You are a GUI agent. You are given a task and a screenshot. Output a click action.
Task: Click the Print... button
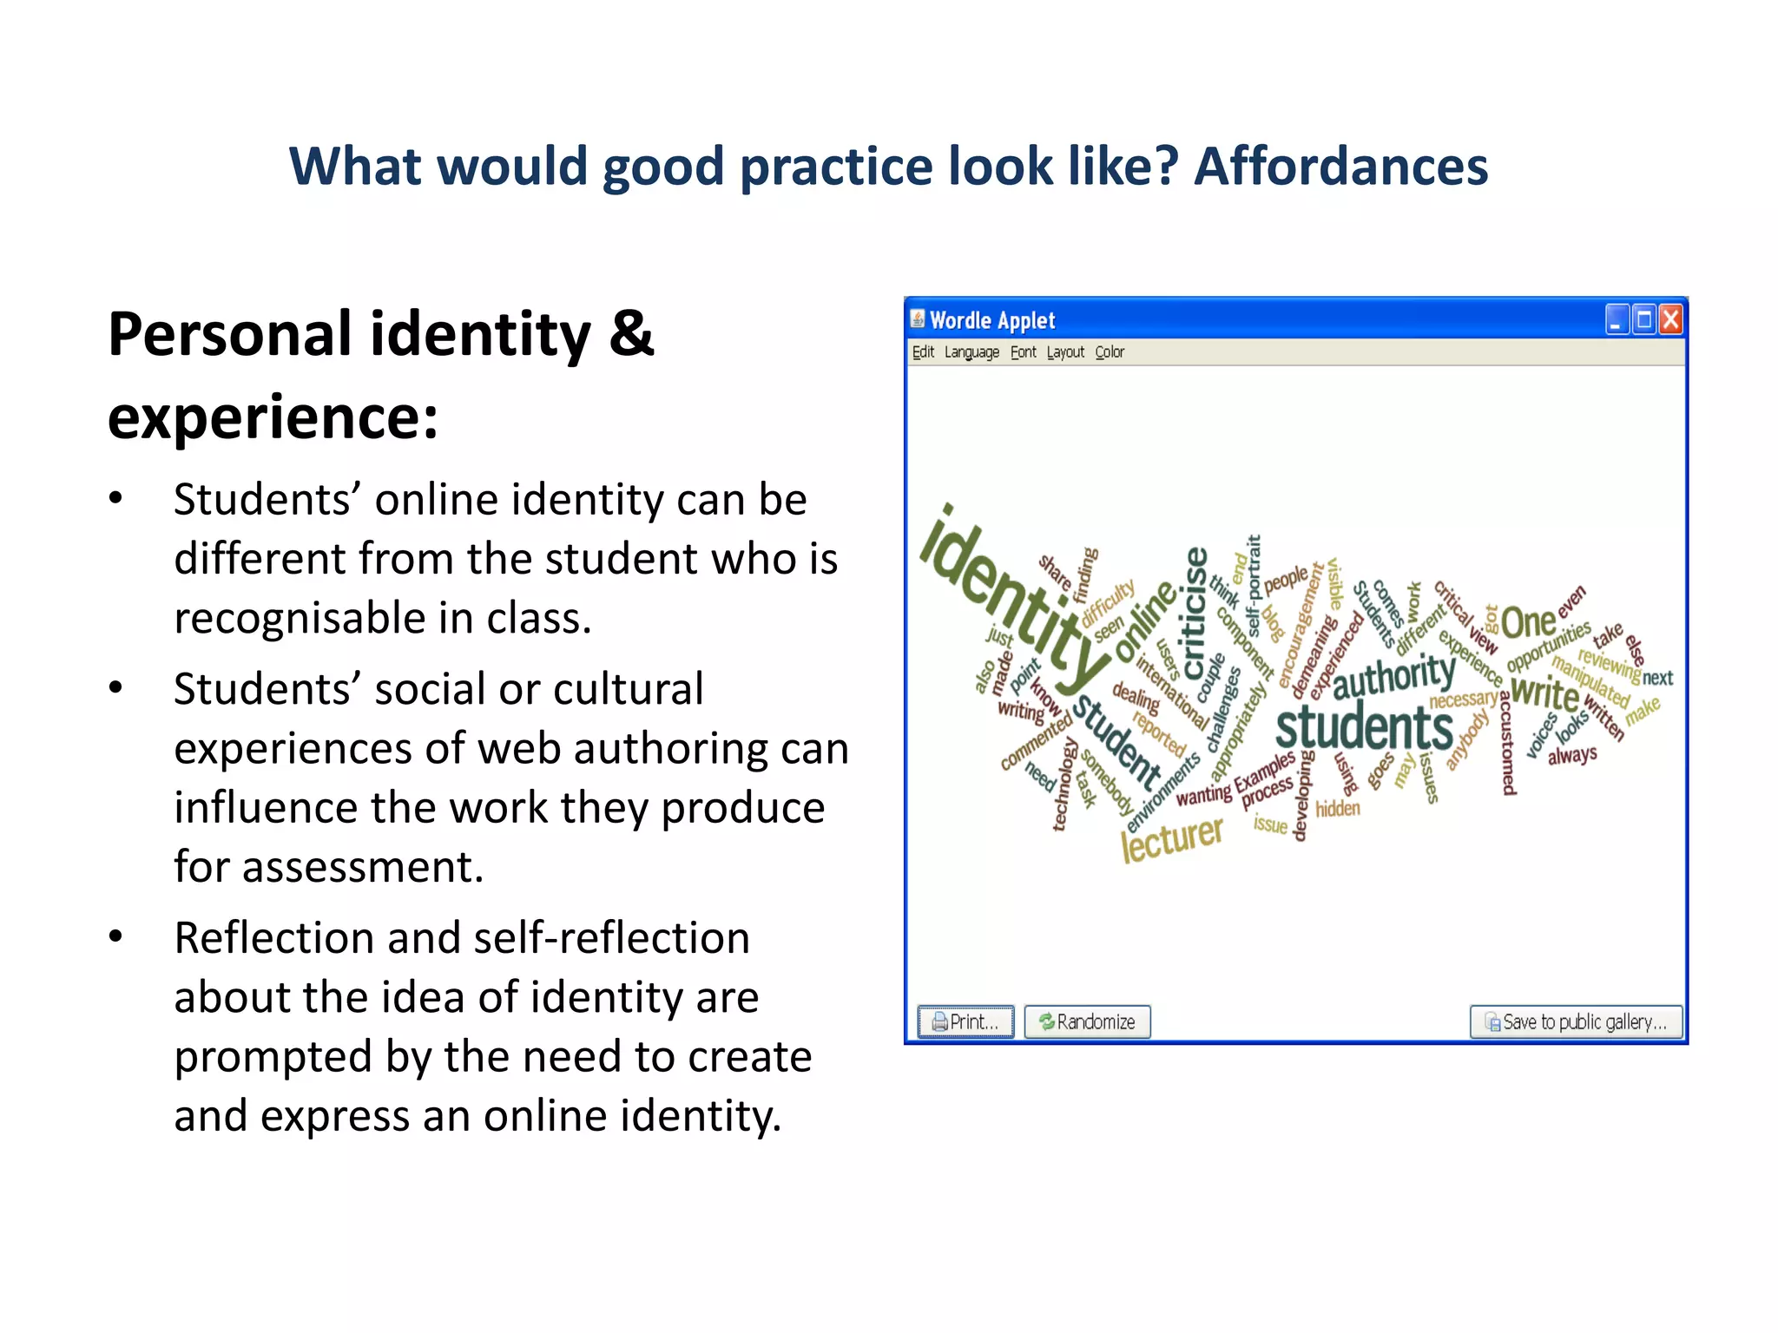tap(965, 1021)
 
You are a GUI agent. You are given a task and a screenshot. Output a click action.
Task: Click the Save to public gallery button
tap(1575, 1021)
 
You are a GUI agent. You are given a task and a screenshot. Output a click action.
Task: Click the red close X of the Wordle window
tap(1670, 320)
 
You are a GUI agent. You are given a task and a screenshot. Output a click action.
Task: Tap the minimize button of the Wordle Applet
tap(1616, 320)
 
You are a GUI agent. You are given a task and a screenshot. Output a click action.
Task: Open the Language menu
tap(971, 351)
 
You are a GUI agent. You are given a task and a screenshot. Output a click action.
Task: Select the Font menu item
tap(1023, 351)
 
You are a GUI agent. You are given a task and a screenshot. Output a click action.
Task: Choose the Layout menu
tap(1064, 351)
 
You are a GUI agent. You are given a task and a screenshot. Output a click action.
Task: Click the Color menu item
tap(1109, 351)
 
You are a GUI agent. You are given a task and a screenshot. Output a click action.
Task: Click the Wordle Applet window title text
tap(991, 320)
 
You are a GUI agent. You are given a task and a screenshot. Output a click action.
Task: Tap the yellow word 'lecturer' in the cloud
tap(1171, 838)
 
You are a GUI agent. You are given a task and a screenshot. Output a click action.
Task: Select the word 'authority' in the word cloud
tap(1393, 676)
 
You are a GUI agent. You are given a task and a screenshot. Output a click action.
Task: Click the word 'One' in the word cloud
tap(1528, 622)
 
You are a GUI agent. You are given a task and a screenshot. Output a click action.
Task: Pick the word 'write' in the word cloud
tap(1544, 693)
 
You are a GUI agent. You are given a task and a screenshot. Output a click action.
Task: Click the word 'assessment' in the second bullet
tap(361, 866)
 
